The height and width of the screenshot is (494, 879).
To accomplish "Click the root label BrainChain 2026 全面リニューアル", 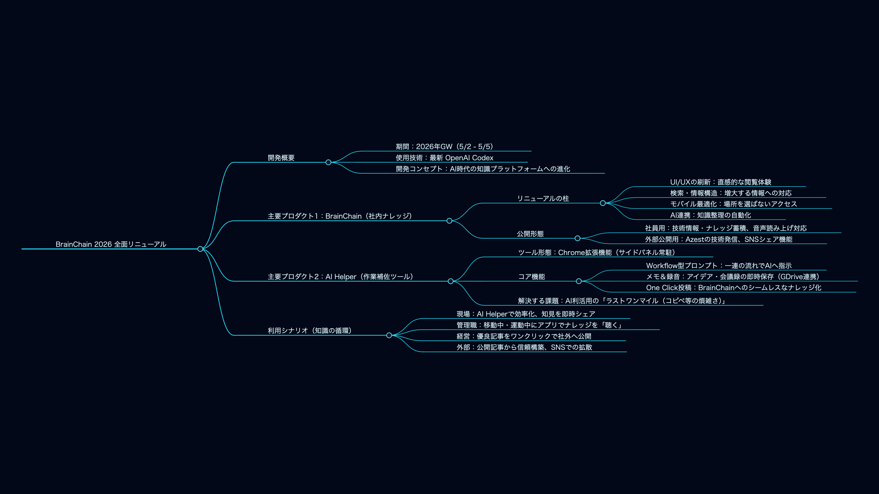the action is point(111,244).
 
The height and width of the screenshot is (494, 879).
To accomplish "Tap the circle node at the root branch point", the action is point(200,249).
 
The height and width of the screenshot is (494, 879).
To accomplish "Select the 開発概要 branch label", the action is point(281,158).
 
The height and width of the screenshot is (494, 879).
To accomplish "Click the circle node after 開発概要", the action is point(328,162).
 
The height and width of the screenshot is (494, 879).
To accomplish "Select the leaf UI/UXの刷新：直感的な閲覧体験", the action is point(721,182).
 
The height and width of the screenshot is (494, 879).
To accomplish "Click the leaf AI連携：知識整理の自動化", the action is point(711,215).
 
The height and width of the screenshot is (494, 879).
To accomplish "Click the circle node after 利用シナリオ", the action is point(389,336).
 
